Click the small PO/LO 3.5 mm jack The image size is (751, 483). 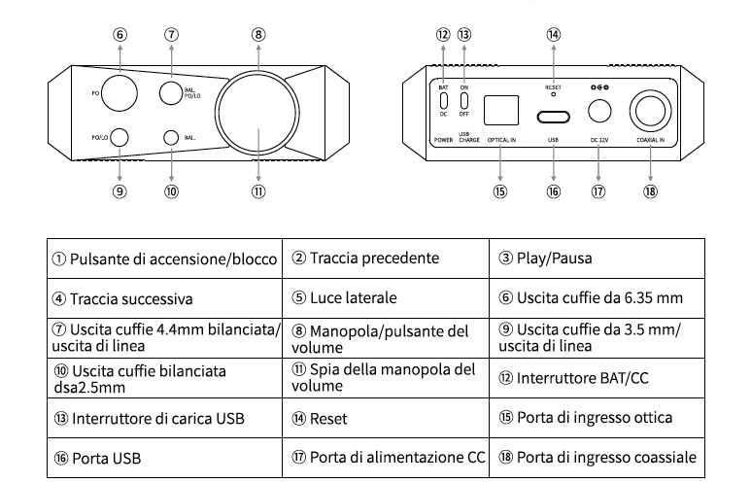click(119, 137)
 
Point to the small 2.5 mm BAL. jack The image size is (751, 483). click(172, 137)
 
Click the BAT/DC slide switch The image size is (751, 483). click(443, 101)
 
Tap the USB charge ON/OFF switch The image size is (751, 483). click(465, 101)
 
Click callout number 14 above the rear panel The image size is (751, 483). click(553, 33)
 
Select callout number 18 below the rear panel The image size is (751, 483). click(649, 190)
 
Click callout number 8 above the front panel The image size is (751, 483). click(258, 33)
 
